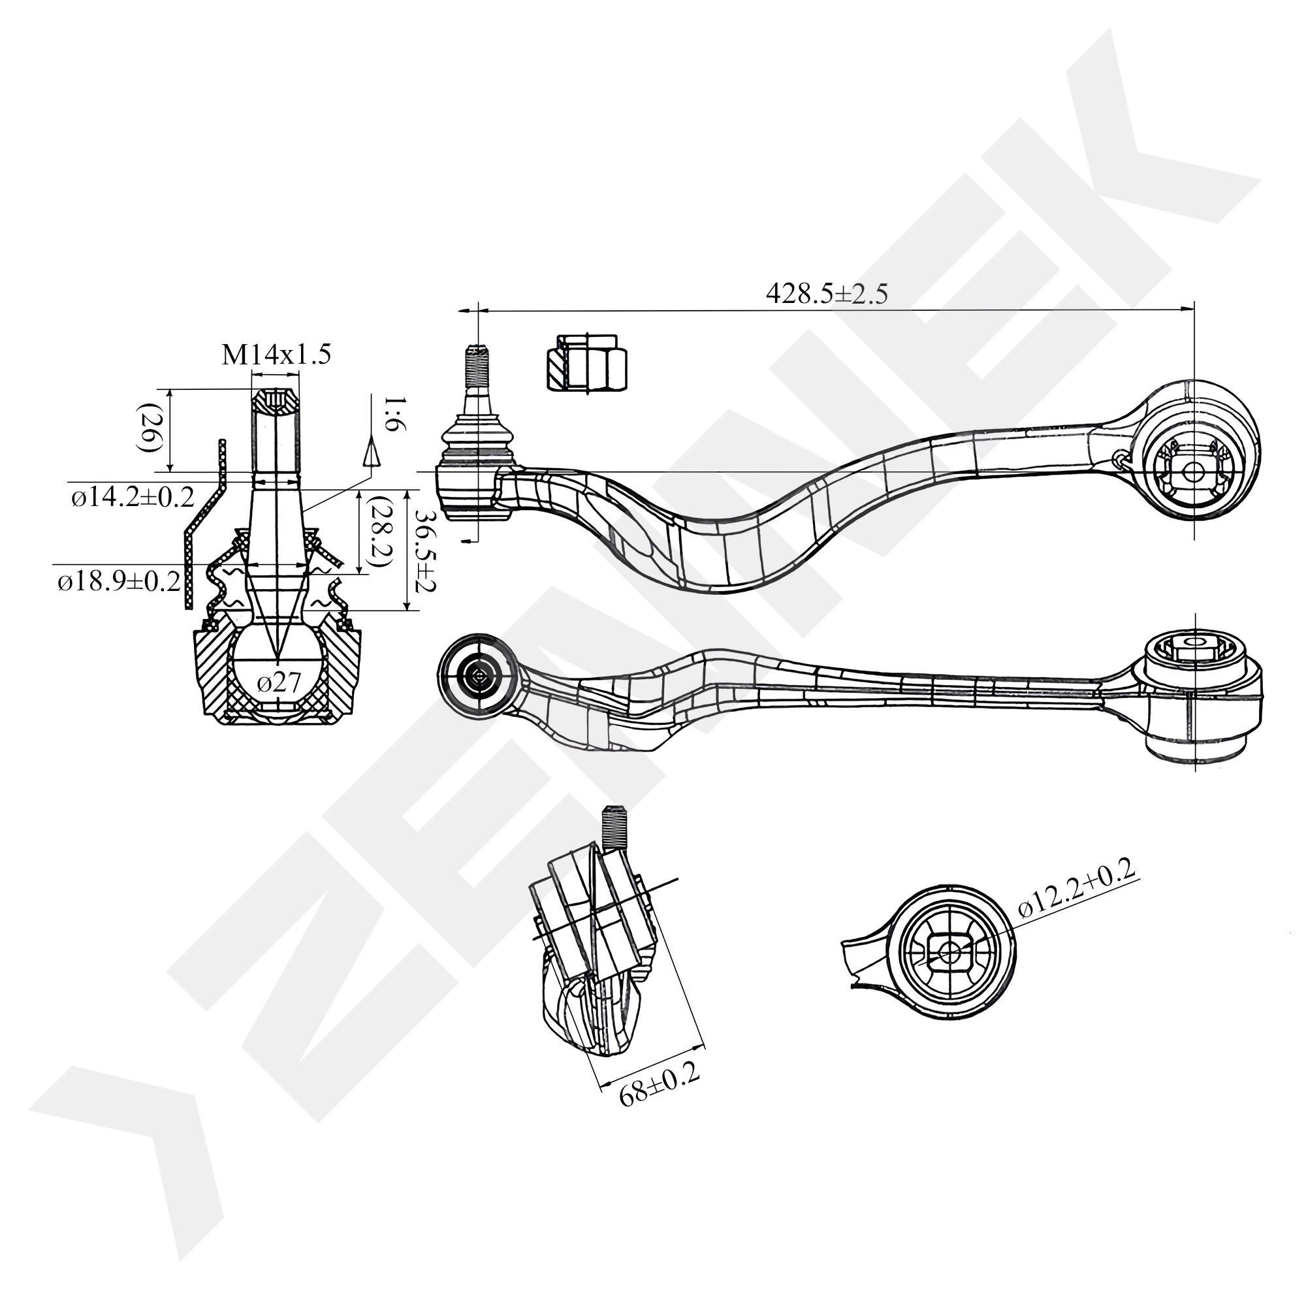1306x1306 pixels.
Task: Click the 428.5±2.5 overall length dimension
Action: tap(826, 294)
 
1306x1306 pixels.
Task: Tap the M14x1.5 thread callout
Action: tap(276, 355)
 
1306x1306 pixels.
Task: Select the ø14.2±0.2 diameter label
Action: tap(133, 498)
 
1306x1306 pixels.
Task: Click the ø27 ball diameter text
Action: tap(279, 683)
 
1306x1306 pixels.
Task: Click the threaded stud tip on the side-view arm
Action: tap(478, 365)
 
